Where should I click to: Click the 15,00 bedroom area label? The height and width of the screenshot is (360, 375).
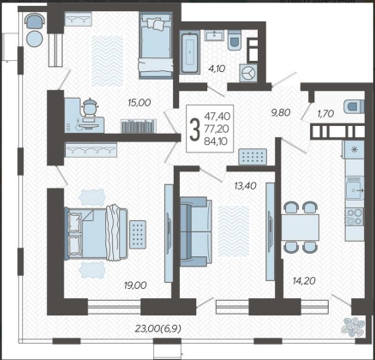[139, 103]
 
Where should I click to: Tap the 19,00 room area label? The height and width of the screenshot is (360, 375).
[135, 285]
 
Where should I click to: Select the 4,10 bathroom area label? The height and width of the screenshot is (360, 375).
[217, 69]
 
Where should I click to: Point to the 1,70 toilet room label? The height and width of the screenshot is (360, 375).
[325, 114]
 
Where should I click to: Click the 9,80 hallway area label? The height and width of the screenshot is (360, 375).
[281, 112]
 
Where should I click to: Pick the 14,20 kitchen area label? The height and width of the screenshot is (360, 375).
[304, 281]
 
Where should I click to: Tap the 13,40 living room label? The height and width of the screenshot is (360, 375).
[245, 186]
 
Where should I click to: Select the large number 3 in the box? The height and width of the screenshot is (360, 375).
[195, 129]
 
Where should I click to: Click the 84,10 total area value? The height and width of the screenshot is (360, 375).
[217, 141]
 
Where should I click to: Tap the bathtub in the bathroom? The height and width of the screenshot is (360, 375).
[190, 52]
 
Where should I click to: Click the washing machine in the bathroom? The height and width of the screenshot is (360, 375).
[248, 73]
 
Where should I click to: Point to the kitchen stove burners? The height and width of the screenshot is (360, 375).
[354, 217]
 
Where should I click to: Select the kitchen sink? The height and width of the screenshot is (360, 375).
[354, 188]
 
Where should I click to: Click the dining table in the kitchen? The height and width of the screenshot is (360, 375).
[301, 228]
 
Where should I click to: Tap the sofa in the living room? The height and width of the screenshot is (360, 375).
[196, 231]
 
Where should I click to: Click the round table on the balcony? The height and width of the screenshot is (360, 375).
[35, 38]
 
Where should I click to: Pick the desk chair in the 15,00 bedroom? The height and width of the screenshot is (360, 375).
[91, 107]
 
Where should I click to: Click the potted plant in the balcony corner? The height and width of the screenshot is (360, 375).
[353, 326]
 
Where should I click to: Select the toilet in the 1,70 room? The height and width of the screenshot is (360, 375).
[354, 106]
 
